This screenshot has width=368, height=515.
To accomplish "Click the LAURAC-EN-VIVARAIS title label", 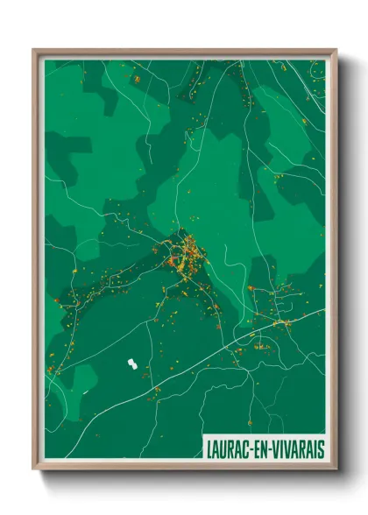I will click(264, 448).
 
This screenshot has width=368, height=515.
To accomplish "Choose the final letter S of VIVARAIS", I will click(321, 448).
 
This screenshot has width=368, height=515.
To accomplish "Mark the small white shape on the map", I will click(132, 363).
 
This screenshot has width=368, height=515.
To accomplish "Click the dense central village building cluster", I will click(186, 257).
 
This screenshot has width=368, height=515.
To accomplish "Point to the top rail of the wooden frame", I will click(184, 52).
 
